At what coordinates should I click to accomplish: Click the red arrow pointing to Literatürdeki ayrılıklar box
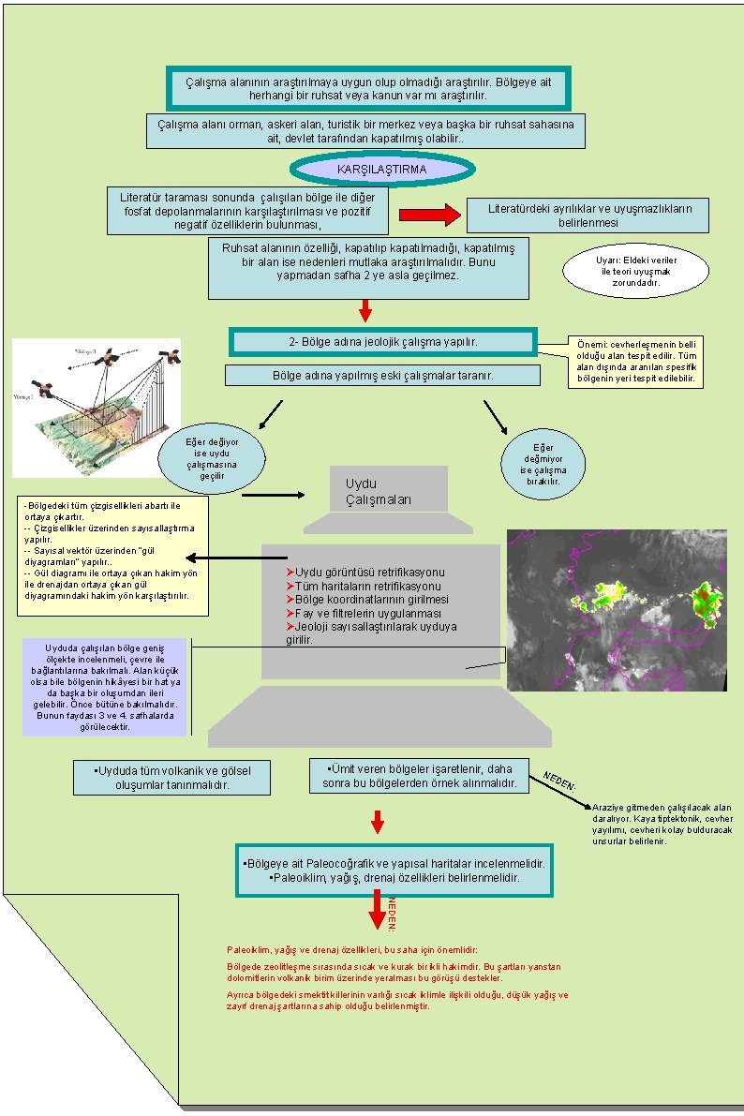430,215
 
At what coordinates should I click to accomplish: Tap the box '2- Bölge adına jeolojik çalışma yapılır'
382,342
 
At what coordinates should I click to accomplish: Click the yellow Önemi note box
635,363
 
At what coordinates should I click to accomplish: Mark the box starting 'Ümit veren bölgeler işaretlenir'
419,775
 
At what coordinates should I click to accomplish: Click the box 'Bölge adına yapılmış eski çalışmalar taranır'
382,376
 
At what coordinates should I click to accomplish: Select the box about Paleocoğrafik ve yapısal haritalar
394,870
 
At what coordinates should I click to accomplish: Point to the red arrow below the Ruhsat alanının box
366,309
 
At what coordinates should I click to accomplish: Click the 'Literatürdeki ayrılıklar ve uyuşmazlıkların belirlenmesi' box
588,216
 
